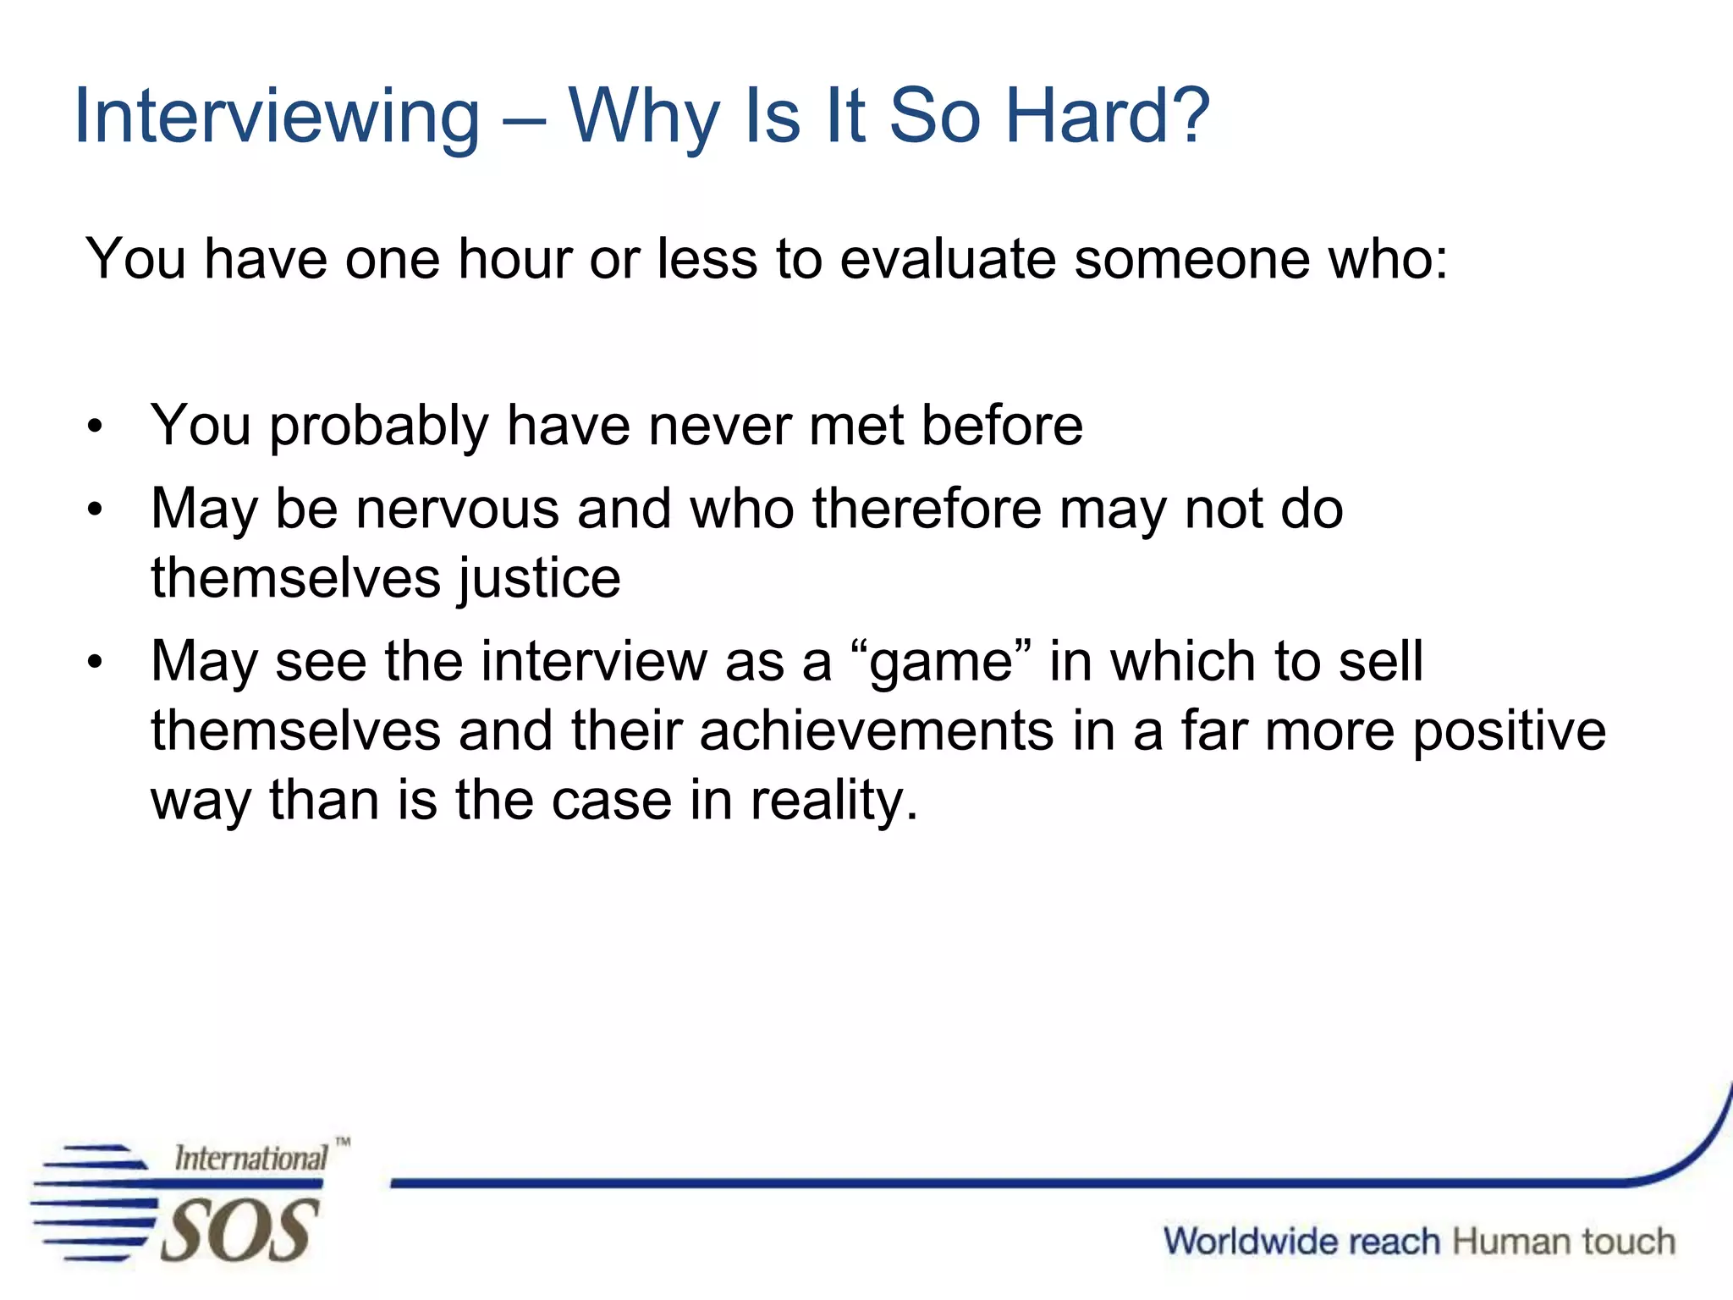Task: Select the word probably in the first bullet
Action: (x=378, y=426)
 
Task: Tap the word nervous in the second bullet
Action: (x=457, y=510)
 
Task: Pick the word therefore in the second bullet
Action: (x=927, y=510)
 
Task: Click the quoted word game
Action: (x=941, y=662)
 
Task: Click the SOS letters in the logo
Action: (x=239, y=1231)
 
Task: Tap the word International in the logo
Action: (x=250, y=1158)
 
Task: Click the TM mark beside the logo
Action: (x=342, y=1142)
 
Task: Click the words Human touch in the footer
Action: (x=1564, y=1242)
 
